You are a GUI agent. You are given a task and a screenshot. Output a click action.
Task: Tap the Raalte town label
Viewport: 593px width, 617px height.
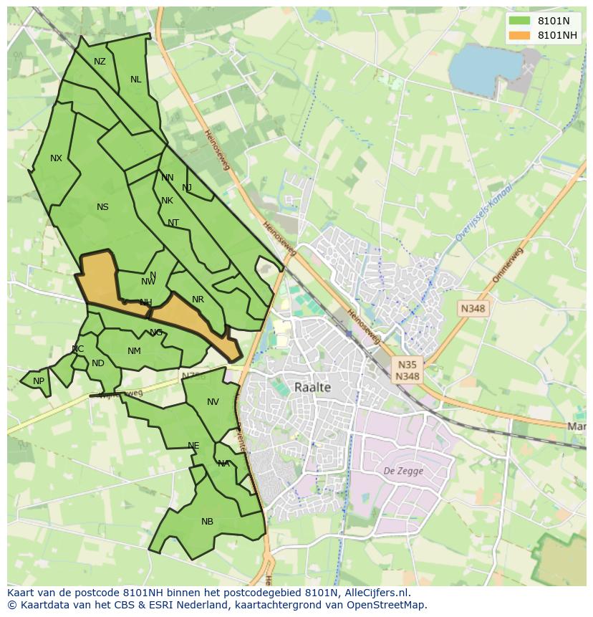coord(313,387)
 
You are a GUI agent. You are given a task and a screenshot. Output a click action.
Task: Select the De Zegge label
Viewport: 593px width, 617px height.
coord(403,471)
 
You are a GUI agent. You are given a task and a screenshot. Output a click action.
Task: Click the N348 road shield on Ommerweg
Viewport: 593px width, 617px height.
coord(473,308)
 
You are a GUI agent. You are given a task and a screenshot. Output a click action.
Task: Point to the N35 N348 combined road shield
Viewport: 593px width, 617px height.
coord(408,370)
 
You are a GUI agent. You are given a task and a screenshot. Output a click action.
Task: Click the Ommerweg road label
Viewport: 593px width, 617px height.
coord(508,264)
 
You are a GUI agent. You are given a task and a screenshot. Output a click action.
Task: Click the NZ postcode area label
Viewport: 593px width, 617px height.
coord(100,62)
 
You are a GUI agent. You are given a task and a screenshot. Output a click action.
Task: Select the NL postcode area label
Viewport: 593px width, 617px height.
coord(135,80)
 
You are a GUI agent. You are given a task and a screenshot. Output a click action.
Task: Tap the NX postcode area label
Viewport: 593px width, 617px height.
coord(56,158)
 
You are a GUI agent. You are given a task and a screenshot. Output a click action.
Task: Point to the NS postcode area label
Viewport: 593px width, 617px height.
coord(102,207)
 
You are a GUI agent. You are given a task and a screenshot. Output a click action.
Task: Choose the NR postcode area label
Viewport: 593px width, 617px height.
coord(198,300)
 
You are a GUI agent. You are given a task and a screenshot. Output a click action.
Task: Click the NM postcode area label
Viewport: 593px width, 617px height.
coord(134,351)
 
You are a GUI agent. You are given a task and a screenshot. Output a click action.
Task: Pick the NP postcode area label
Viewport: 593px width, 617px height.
coord(39,381)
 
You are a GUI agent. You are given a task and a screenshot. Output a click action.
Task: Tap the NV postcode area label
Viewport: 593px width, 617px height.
coord(213,402)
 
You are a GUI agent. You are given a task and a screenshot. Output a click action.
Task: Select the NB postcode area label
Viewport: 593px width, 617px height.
coord(207,522)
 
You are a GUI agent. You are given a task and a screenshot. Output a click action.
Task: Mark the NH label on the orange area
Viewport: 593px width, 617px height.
coord(145,302)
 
